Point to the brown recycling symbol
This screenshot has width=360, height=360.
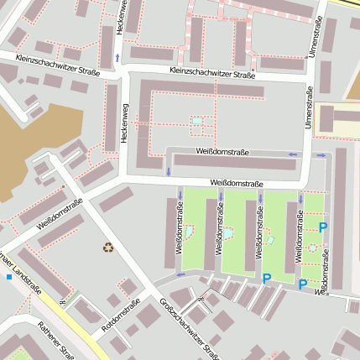[x=107, y=247]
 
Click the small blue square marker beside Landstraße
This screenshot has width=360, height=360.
[x=9, y=276]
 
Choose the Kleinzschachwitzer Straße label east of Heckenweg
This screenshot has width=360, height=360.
[x=211, y=75]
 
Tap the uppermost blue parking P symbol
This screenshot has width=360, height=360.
[x=322, y=227]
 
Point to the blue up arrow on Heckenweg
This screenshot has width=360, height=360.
[x=117, y=57]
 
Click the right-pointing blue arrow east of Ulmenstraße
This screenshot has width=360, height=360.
[x=320, y=154]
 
